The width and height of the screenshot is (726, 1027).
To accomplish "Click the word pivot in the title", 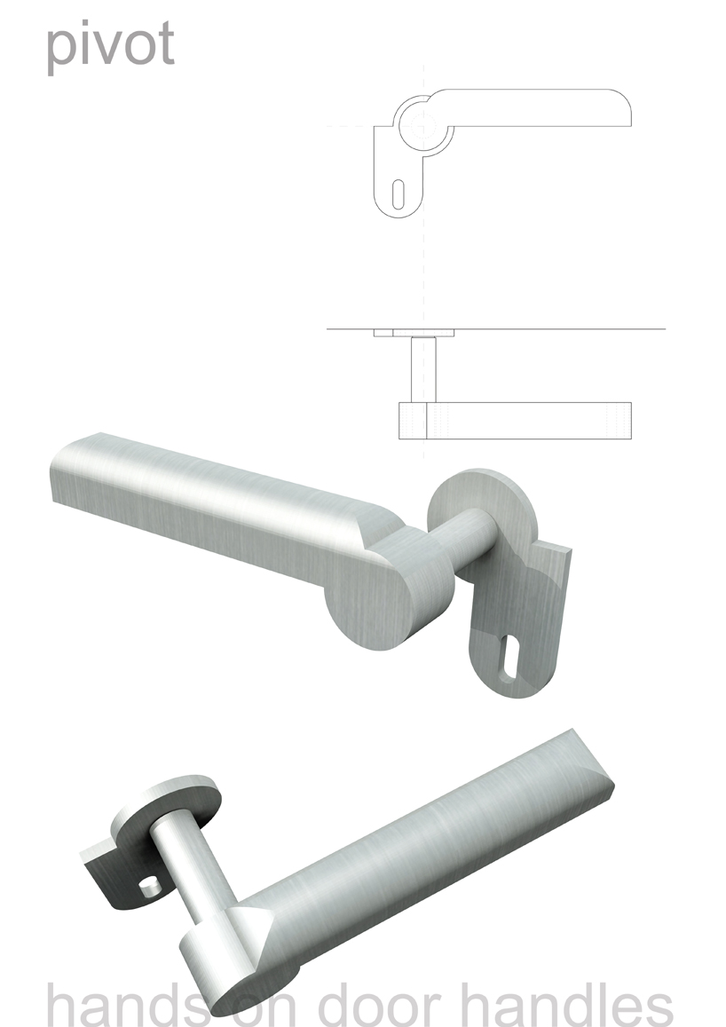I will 110,45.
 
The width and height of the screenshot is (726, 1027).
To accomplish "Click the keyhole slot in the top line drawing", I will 398,193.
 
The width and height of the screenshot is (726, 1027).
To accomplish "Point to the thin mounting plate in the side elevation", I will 414,333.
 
